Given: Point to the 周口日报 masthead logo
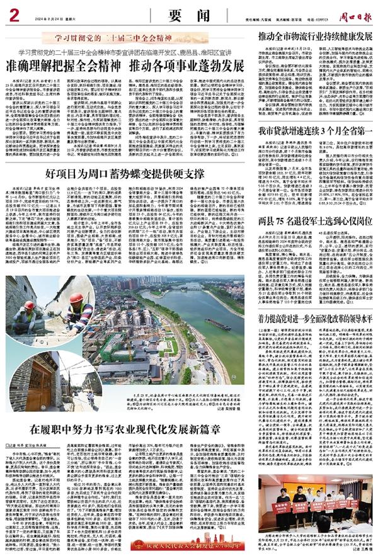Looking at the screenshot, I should click(x=354, y=11).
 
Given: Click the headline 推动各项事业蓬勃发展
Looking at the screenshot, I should click(x=186, y=65).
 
